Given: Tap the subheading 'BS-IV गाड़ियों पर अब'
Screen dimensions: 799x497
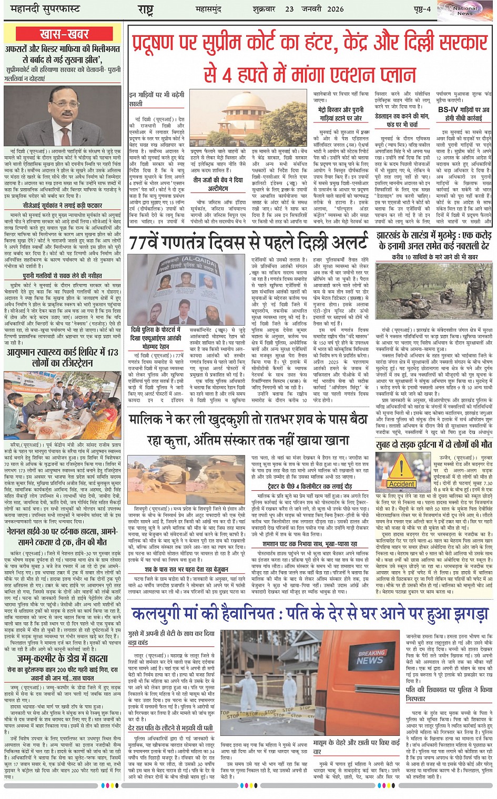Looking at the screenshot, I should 464,110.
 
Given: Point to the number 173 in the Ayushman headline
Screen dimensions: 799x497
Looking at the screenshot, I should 113,352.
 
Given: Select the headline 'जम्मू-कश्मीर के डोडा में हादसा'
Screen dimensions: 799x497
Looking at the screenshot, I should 62,658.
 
